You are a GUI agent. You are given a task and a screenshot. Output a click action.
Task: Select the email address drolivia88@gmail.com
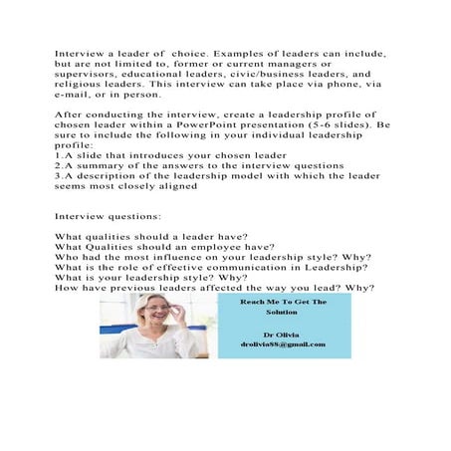coord(281,344)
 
